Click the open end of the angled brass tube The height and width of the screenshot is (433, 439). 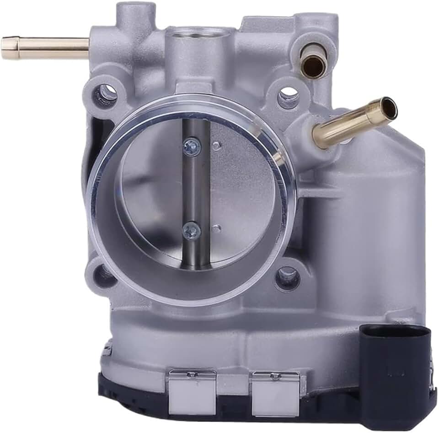tap(389, 108)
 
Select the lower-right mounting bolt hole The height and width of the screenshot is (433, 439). tap(288, 276)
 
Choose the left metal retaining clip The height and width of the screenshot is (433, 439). tap(192, 391)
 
